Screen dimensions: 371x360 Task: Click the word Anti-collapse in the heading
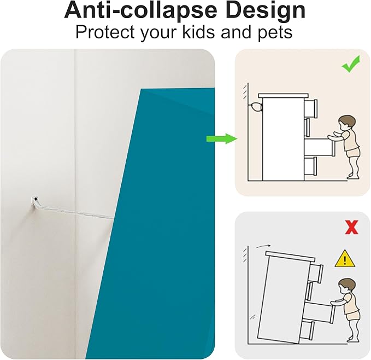click(141, 11)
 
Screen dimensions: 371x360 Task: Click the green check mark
click(351, 64)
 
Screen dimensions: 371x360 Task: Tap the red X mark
click(351, 227)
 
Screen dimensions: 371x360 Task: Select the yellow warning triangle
click(345, 259)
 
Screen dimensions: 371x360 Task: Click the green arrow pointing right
click(222, 138)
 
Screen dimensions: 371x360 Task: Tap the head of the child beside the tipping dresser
click(346, 286)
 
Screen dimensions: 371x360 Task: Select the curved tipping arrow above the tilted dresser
click(263, 246)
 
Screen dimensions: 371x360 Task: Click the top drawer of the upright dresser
click(310, 109)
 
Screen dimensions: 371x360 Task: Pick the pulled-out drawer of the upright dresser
click(320, 147)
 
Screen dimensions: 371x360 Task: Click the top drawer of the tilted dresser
click(316, 271)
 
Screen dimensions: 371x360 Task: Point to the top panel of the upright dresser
click(284, 95)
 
